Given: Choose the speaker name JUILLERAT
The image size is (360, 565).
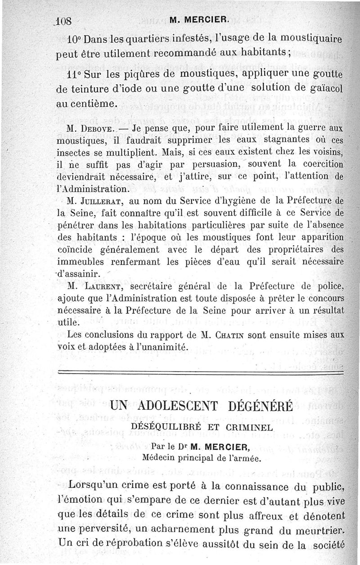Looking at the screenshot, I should (106, 200).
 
